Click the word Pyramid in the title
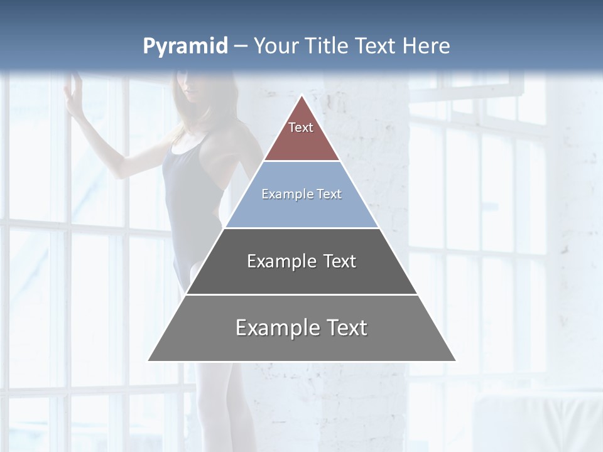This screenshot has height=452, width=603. click(x=185, y=46)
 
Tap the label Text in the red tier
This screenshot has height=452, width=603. click(x=301, y=127)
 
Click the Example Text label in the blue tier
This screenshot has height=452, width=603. click(x=301, y=194)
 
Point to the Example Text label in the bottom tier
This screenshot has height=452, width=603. click(x=301, y=328)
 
